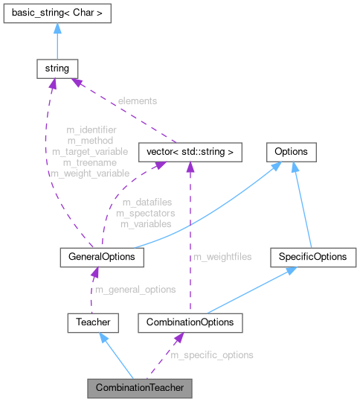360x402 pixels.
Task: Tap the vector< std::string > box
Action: click(190, 152)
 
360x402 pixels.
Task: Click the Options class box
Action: click(292, 152)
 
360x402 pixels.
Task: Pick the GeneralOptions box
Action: click(101, 257)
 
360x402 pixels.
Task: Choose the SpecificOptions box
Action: click(312, 257)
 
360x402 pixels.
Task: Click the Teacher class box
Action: click(92, 322)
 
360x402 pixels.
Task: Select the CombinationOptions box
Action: click(190, 322)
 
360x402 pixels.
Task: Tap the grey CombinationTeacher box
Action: click(139, 388)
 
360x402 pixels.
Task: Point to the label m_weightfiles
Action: click(222, 257)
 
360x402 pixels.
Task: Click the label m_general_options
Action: click(135, 290)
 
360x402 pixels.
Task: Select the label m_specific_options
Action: click(212, 355)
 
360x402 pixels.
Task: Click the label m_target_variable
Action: click(89, 151)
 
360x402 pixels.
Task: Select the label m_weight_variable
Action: click(89, 173)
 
